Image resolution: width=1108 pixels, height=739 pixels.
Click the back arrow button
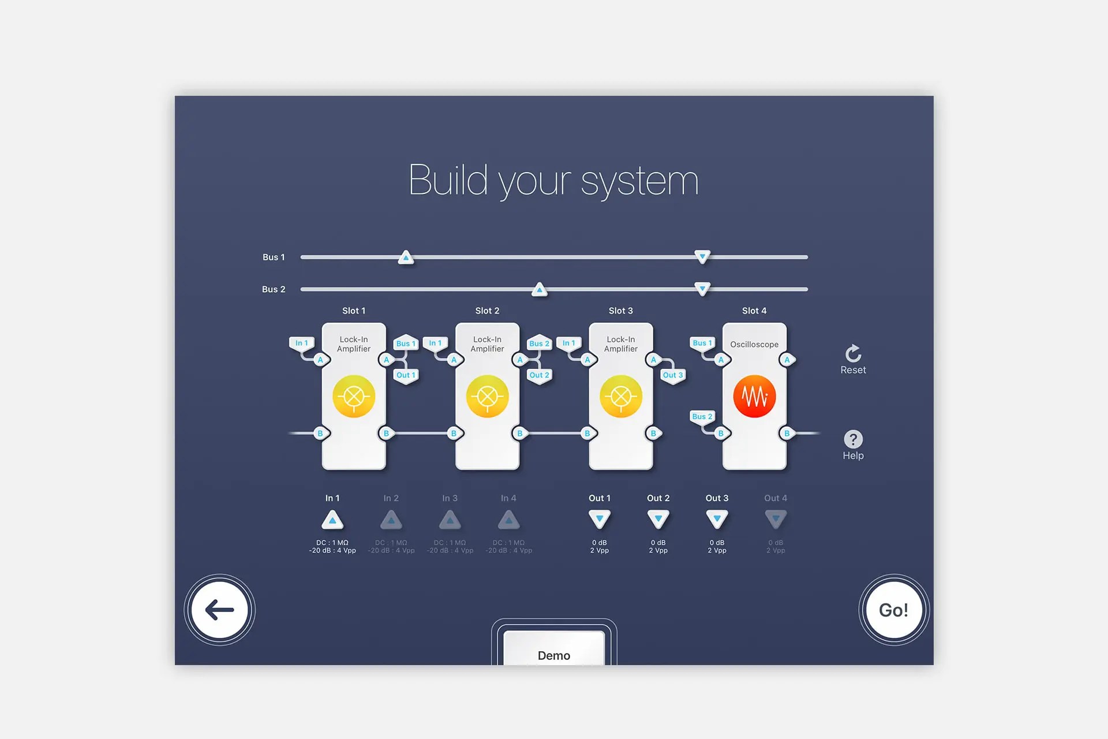point(219,610)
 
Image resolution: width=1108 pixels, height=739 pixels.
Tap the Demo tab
point(554,652)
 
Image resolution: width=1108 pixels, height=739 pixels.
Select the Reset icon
point(853,353)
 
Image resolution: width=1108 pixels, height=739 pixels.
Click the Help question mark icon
point(853,439)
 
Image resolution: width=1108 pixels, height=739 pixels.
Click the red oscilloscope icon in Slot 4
point(754,397)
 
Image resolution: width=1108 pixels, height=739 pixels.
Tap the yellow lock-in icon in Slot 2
point(487,397)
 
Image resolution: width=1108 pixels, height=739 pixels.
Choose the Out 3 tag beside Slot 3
point(673,375)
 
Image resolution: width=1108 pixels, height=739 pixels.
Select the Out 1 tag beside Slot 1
point(406,375)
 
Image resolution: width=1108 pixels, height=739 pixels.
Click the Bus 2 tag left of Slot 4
point(702,416)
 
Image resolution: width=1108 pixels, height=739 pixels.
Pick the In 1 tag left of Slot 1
point(301,343)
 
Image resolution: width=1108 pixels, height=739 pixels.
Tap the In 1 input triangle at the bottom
point(332,520)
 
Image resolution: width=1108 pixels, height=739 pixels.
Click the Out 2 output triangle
point(658,520)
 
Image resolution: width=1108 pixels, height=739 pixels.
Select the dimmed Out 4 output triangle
point(776,520)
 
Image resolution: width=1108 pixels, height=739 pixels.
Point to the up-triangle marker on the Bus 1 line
point(406,257)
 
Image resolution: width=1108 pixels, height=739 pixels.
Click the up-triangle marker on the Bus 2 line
point(539,289)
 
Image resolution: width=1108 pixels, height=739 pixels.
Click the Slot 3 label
point(620,311)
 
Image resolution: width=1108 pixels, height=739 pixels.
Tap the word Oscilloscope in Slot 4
point(754,345)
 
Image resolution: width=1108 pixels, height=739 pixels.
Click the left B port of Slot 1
point(320,433)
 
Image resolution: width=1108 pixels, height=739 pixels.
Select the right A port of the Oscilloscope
point(787,360)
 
